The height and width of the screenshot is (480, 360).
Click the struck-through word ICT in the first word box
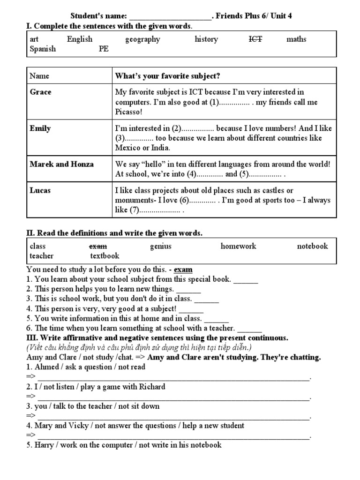pyautogui.click(x=255, y=39)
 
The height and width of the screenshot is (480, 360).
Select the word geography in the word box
pyautogui.click(x=142, y=39)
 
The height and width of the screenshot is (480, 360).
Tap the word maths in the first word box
pyautogui.click(x=296, y=39)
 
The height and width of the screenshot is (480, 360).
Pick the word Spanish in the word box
pyautogui.click(x=43, y=49)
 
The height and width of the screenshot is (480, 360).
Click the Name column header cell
pyautogui.click(x=39, y=76)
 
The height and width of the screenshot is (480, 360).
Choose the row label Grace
pyautogui.click(x=41, y=92)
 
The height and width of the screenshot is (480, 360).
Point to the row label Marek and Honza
pyautogui.click(x=61, y=164)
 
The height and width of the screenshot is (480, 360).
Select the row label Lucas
pyautogui.click(x=40, y=190)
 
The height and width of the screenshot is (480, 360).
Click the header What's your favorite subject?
pyautogui.click(x=167, y=76)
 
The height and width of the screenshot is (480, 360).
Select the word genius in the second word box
pyautogui.click(x=161, y=246)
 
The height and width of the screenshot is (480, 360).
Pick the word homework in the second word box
pyautogui.click(x=239, y=246)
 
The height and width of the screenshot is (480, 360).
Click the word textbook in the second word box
pyautogui.click(x=105, y=256)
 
